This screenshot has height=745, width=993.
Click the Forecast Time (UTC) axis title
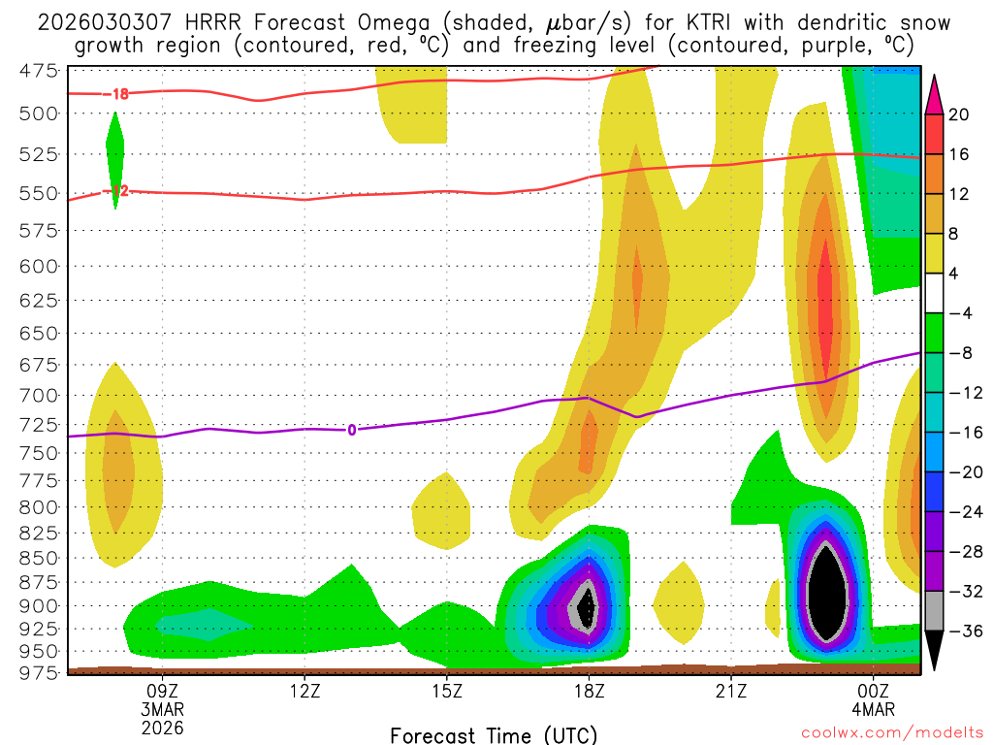click(x=494, y=734)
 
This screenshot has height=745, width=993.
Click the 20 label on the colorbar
click(x=959, y=114)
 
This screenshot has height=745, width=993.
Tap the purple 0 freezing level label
click(x=351, y=430)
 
